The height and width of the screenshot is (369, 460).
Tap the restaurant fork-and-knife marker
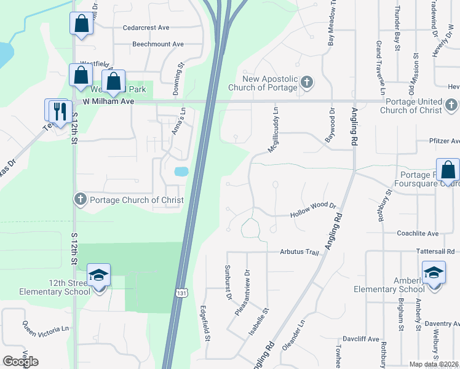click(x=60, y=111)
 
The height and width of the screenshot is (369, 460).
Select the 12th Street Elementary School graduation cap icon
click(x=98, y=276)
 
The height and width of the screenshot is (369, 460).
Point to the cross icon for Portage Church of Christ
click(x=80, y=199)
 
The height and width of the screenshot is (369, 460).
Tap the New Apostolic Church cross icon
click(x=307, y=82)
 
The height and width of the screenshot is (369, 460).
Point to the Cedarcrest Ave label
click(x=146, y=28)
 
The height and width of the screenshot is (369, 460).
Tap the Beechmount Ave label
click(x=158, y=44)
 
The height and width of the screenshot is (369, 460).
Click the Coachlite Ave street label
click(x=418, y=233)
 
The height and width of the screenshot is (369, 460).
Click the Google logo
click(x=20, y=362)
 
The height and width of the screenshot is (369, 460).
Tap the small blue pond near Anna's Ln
click(x=181, y=172)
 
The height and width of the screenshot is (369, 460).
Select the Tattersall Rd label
click(x=434, y=252)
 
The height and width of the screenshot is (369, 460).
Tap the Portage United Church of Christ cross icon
click(x=451, y=105)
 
